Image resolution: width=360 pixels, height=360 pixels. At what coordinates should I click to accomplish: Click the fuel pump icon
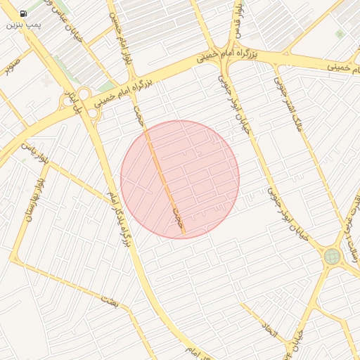point(24,13)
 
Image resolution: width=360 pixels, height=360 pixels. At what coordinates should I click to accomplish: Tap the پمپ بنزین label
point(24,25)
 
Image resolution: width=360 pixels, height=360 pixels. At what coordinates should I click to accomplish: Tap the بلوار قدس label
point(238,18)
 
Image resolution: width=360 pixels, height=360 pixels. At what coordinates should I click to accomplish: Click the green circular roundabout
point(331,257)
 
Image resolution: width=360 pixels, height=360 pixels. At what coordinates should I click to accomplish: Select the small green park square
point(340,34)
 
